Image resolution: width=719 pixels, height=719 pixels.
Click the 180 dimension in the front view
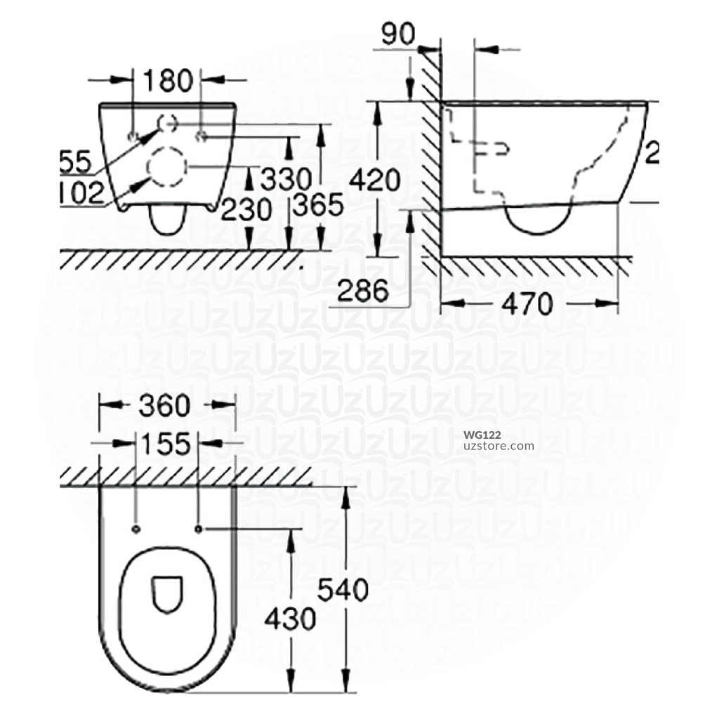[x=168, y=81]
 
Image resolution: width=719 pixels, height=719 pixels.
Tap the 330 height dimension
[x=286, y=180]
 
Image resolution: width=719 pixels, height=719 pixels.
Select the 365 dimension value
[x=317, y=206]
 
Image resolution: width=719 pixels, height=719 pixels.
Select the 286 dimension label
[x=362, y=290]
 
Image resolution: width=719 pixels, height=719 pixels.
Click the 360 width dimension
[x=166, y=405]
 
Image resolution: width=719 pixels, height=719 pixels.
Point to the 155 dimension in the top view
[x=166, y=444]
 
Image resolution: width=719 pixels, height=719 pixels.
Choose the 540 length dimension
[x=343, y=591]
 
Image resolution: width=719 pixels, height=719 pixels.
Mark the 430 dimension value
[x=289, y=619]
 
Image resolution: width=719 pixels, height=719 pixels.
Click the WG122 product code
[x=482, y=435]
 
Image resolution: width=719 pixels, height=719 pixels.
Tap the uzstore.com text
[x=499, y=446]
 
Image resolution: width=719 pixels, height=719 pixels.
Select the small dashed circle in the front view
[x=168, y=123]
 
